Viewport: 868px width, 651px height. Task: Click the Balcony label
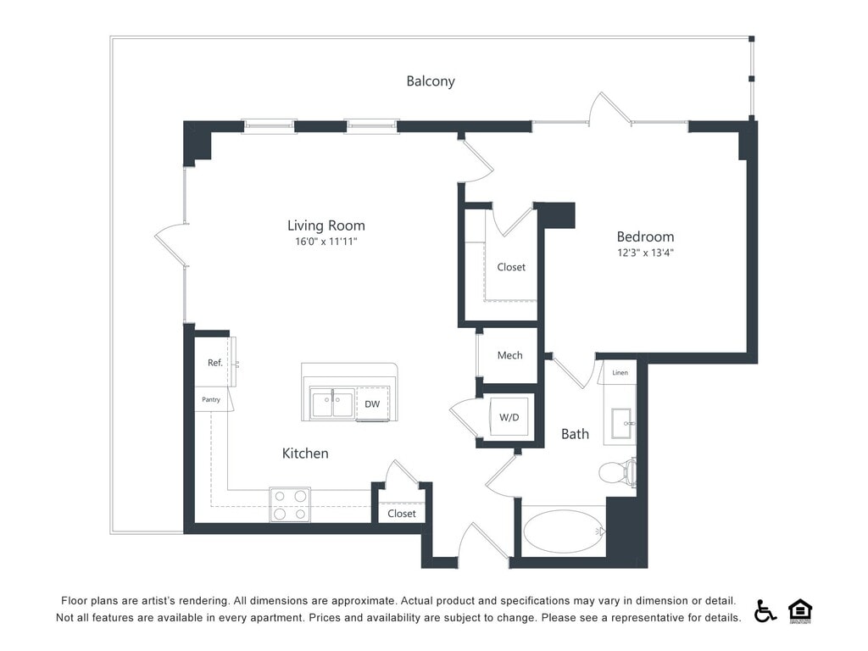[431, 81]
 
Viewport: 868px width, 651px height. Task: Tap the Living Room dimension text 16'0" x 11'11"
[326, 242]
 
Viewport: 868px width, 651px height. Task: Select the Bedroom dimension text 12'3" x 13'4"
[645, 253]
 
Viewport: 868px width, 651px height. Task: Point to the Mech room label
[509, 355]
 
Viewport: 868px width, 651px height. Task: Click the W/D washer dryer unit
[509, 417]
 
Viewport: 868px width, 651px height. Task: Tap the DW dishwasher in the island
[372, 404]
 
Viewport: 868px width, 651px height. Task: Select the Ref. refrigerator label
[215, 363]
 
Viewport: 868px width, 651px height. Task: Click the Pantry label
[211, 399]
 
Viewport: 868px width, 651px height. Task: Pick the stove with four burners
[290, 504]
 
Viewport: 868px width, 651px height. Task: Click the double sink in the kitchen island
[332, 404]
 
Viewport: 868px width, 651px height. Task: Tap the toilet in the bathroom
[615, 471]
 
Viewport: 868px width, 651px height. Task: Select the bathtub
[564, 531]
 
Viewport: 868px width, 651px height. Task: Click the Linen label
[620, 372]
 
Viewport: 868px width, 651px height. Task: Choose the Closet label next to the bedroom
[511, 267]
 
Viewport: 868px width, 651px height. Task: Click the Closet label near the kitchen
[402, 514]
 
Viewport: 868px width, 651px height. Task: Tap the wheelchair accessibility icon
[765, 610]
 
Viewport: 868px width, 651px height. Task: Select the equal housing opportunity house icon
[800, 610]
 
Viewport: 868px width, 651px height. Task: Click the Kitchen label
[305, 453]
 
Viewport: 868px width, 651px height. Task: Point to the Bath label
[575, 434]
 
